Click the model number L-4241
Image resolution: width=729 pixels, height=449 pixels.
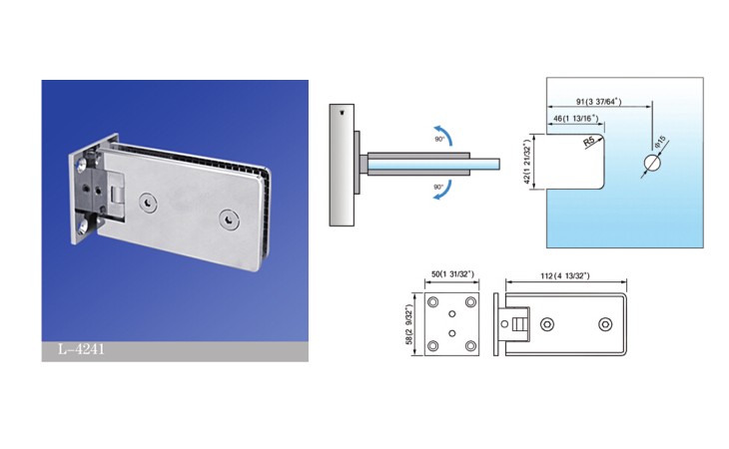click(x=81, y=349)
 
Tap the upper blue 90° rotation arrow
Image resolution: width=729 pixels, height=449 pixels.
click(x=444, y=133)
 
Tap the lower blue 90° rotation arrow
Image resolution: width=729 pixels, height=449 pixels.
click(x=444, y=192)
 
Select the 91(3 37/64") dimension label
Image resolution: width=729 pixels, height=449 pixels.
click(x=599, y=102)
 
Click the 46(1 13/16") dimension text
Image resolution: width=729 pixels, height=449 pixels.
click(x=575, y=119)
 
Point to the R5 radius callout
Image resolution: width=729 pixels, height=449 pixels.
click(x=589, y=141)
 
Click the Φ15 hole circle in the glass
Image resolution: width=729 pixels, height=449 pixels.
click(x=652, y=163)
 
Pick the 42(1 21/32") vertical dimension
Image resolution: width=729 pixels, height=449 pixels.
click(x=527, y=163)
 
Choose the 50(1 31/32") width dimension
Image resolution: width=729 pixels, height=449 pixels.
click(x=452, y=274)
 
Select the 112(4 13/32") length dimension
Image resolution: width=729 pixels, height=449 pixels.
click(x=565, y=275)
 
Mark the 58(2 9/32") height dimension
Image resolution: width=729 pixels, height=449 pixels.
click(x=408, y=324)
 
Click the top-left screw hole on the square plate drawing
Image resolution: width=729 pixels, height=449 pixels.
click(x=432, y=302)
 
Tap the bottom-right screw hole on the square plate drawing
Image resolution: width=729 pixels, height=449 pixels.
click(x=470, y=346)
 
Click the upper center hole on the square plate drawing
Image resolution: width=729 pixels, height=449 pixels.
click(x=452, y=314)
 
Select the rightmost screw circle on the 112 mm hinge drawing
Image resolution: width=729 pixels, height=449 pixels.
click(x=605, y=324)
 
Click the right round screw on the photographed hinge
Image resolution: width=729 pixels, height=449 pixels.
click(x=230, y=220)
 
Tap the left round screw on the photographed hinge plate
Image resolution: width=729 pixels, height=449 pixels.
click(x=148, y=203)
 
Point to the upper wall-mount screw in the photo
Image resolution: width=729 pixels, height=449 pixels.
click(x=83, y=163)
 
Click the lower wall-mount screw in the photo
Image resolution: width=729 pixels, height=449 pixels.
click(x=83, y=227)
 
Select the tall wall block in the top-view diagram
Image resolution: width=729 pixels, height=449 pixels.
click(x=342, y=166)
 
